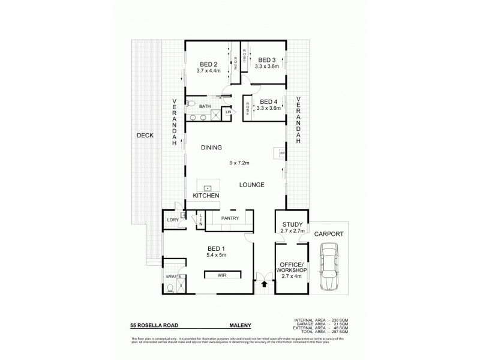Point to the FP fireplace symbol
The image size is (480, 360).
280,154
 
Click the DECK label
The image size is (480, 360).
145,136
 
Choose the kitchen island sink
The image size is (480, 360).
209,187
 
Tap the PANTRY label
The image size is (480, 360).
230,218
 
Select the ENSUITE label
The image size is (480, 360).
174,277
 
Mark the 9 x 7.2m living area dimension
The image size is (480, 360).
239,162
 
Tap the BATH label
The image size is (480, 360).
205,107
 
